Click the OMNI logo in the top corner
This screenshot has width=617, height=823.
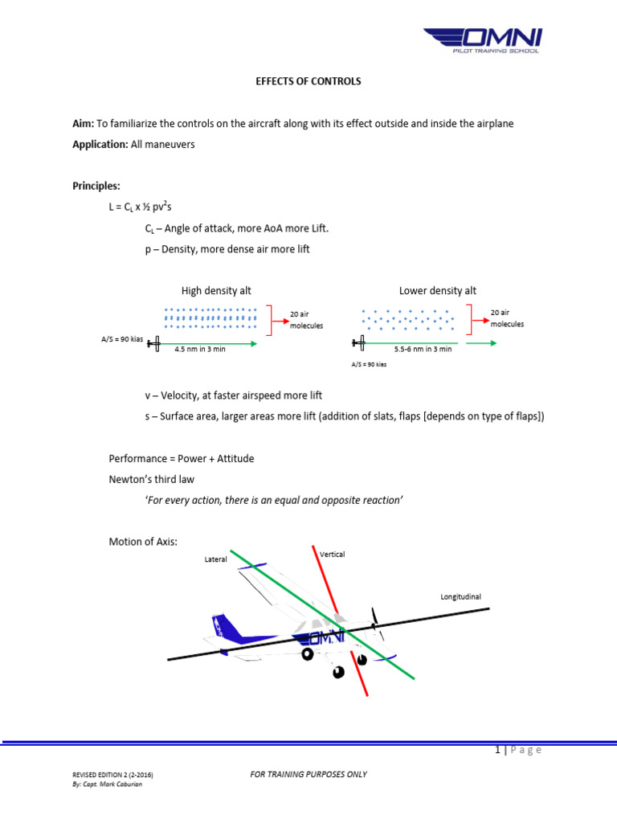pyautogui.click(x=483, y=39)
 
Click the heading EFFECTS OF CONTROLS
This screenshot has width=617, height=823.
pyautogui.click(x=308, y=81)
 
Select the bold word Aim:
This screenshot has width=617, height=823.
pyautogui.click(x=84, y=124)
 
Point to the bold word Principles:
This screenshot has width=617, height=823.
pyautogui.click(x=96, y=186)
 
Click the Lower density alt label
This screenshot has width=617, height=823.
pyautogui.click(x=438, y=291)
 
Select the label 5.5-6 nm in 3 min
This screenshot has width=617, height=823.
pyautogui.click(x=423, y=350)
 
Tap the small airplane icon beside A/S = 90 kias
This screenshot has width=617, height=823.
pyautogui.click(x=153, y=343)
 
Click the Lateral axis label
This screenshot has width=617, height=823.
pyautogui.click(x=216, y=559)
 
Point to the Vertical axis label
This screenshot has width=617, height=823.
pyautogui.click(x=332, y=555)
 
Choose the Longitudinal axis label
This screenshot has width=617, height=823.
pyautogui.click(x=460, y=597)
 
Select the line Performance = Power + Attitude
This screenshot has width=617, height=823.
pyautogui.click(x=182, y=459)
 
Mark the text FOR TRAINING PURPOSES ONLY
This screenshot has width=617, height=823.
pyautogui.click(x=308, y=774)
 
